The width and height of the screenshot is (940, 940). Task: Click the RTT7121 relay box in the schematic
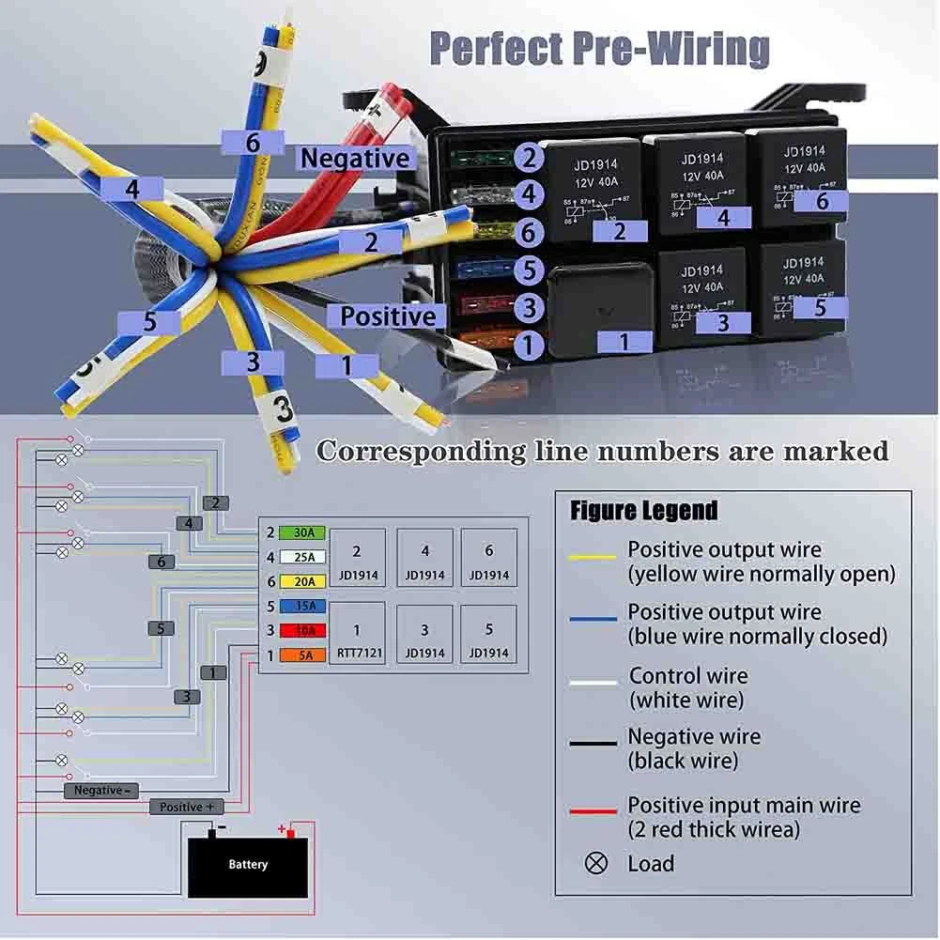tap(357, 633)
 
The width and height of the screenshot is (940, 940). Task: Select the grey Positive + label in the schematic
tap(187, 807)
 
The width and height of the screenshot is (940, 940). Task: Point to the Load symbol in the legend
tap(596, 863)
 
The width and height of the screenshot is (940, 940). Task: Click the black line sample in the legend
tap(593, 743)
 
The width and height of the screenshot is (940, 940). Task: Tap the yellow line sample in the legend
tap(593, 558)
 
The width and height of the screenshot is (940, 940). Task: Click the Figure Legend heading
tap(643, 511)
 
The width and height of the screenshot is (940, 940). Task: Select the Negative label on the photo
tap(355, 159)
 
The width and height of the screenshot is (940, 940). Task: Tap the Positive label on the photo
tap(389, 316)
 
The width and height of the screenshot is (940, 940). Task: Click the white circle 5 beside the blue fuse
tap(529, 270)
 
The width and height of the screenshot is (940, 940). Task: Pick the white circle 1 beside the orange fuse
tap(529, 345)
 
